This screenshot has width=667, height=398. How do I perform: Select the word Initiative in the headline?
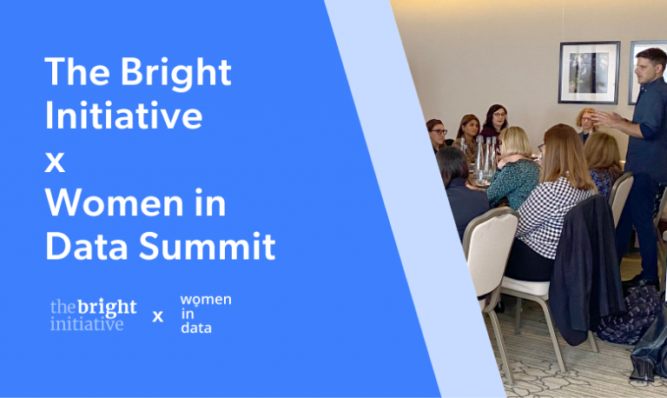click(123, 116)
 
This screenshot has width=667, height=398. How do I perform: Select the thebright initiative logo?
click(93, 315)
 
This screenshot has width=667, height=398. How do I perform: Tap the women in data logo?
click(204, 314)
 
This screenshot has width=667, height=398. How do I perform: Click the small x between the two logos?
click(157, 316)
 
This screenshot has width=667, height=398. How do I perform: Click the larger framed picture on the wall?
click(589, 72)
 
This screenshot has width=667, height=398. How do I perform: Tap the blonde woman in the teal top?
click(514, 169)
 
